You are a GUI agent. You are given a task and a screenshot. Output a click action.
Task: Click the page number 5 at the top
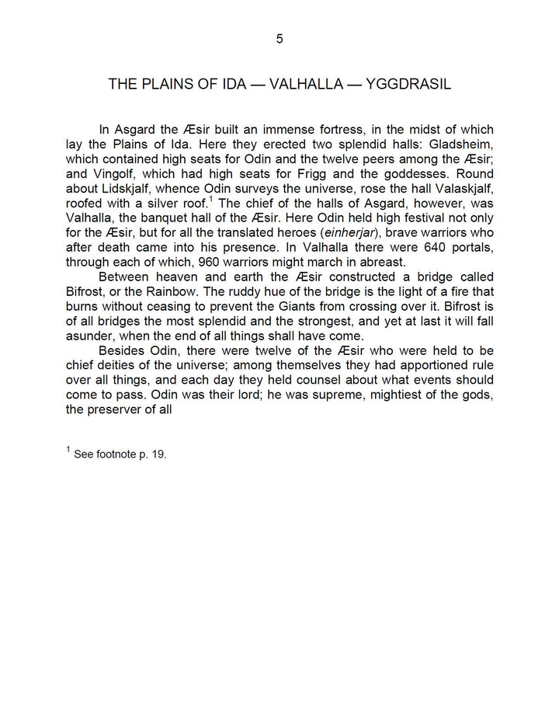pos(279,40)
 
